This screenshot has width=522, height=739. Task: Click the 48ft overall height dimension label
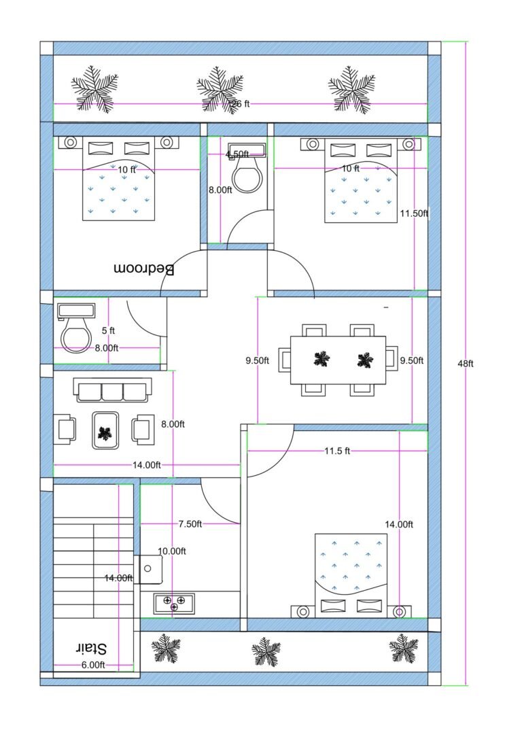tap(465, 364)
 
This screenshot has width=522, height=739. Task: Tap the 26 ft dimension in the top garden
tap(241, 104)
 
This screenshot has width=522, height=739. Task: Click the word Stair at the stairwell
tap(93, 648)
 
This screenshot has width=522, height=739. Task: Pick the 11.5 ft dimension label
tap(336, 451)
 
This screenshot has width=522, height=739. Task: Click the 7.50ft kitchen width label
tap(190, 523)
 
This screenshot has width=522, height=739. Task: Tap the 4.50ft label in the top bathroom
tap(237, 154)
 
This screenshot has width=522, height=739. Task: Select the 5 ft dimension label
tap(108, 331)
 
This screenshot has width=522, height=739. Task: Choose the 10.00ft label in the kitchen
tap(172, 551)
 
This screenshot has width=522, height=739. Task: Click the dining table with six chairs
tap(338, 360)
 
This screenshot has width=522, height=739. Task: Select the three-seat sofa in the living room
tap(113, 392)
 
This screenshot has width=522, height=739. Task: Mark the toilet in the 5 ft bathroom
tap(75, 332)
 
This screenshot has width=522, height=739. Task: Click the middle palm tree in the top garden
tap(220, 89)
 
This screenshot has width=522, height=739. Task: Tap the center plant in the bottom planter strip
tap(266, 652)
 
